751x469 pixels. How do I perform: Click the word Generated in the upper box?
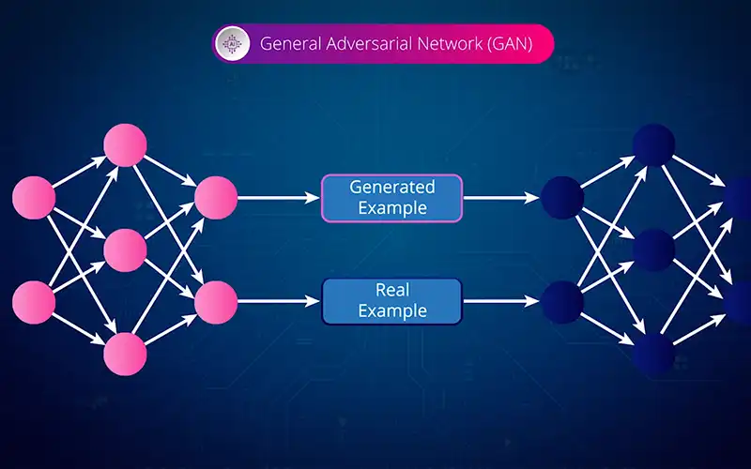click(392, 187)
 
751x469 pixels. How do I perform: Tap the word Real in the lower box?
click(391, 291)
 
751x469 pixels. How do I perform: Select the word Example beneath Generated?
click(392, 207)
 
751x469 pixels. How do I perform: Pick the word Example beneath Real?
click(391, 310)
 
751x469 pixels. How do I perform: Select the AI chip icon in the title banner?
click(230, 43)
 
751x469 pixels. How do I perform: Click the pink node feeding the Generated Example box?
click(216, 198)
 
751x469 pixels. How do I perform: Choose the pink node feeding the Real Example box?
click(216, 301)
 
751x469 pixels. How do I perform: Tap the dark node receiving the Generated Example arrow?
click(561, 198)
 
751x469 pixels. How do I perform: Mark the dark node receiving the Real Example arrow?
click(561, 301)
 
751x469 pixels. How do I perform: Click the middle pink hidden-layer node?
click(126, 250)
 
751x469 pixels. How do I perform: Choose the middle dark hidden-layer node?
click(653, 250)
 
